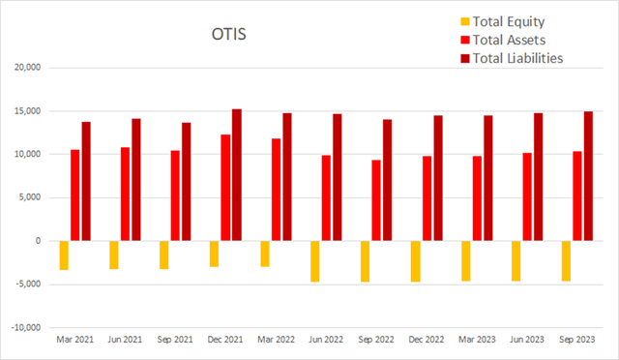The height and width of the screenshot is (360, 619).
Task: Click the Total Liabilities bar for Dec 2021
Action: coord(236,175)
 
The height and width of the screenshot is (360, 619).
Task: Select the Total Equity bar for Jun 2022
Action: coord(314,261)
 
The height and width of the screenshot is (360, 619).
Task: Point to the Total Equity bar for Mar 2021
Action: coord(63,255)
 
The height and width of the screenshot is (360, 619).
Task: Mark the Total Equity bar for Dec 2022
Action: coord(415,261)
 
